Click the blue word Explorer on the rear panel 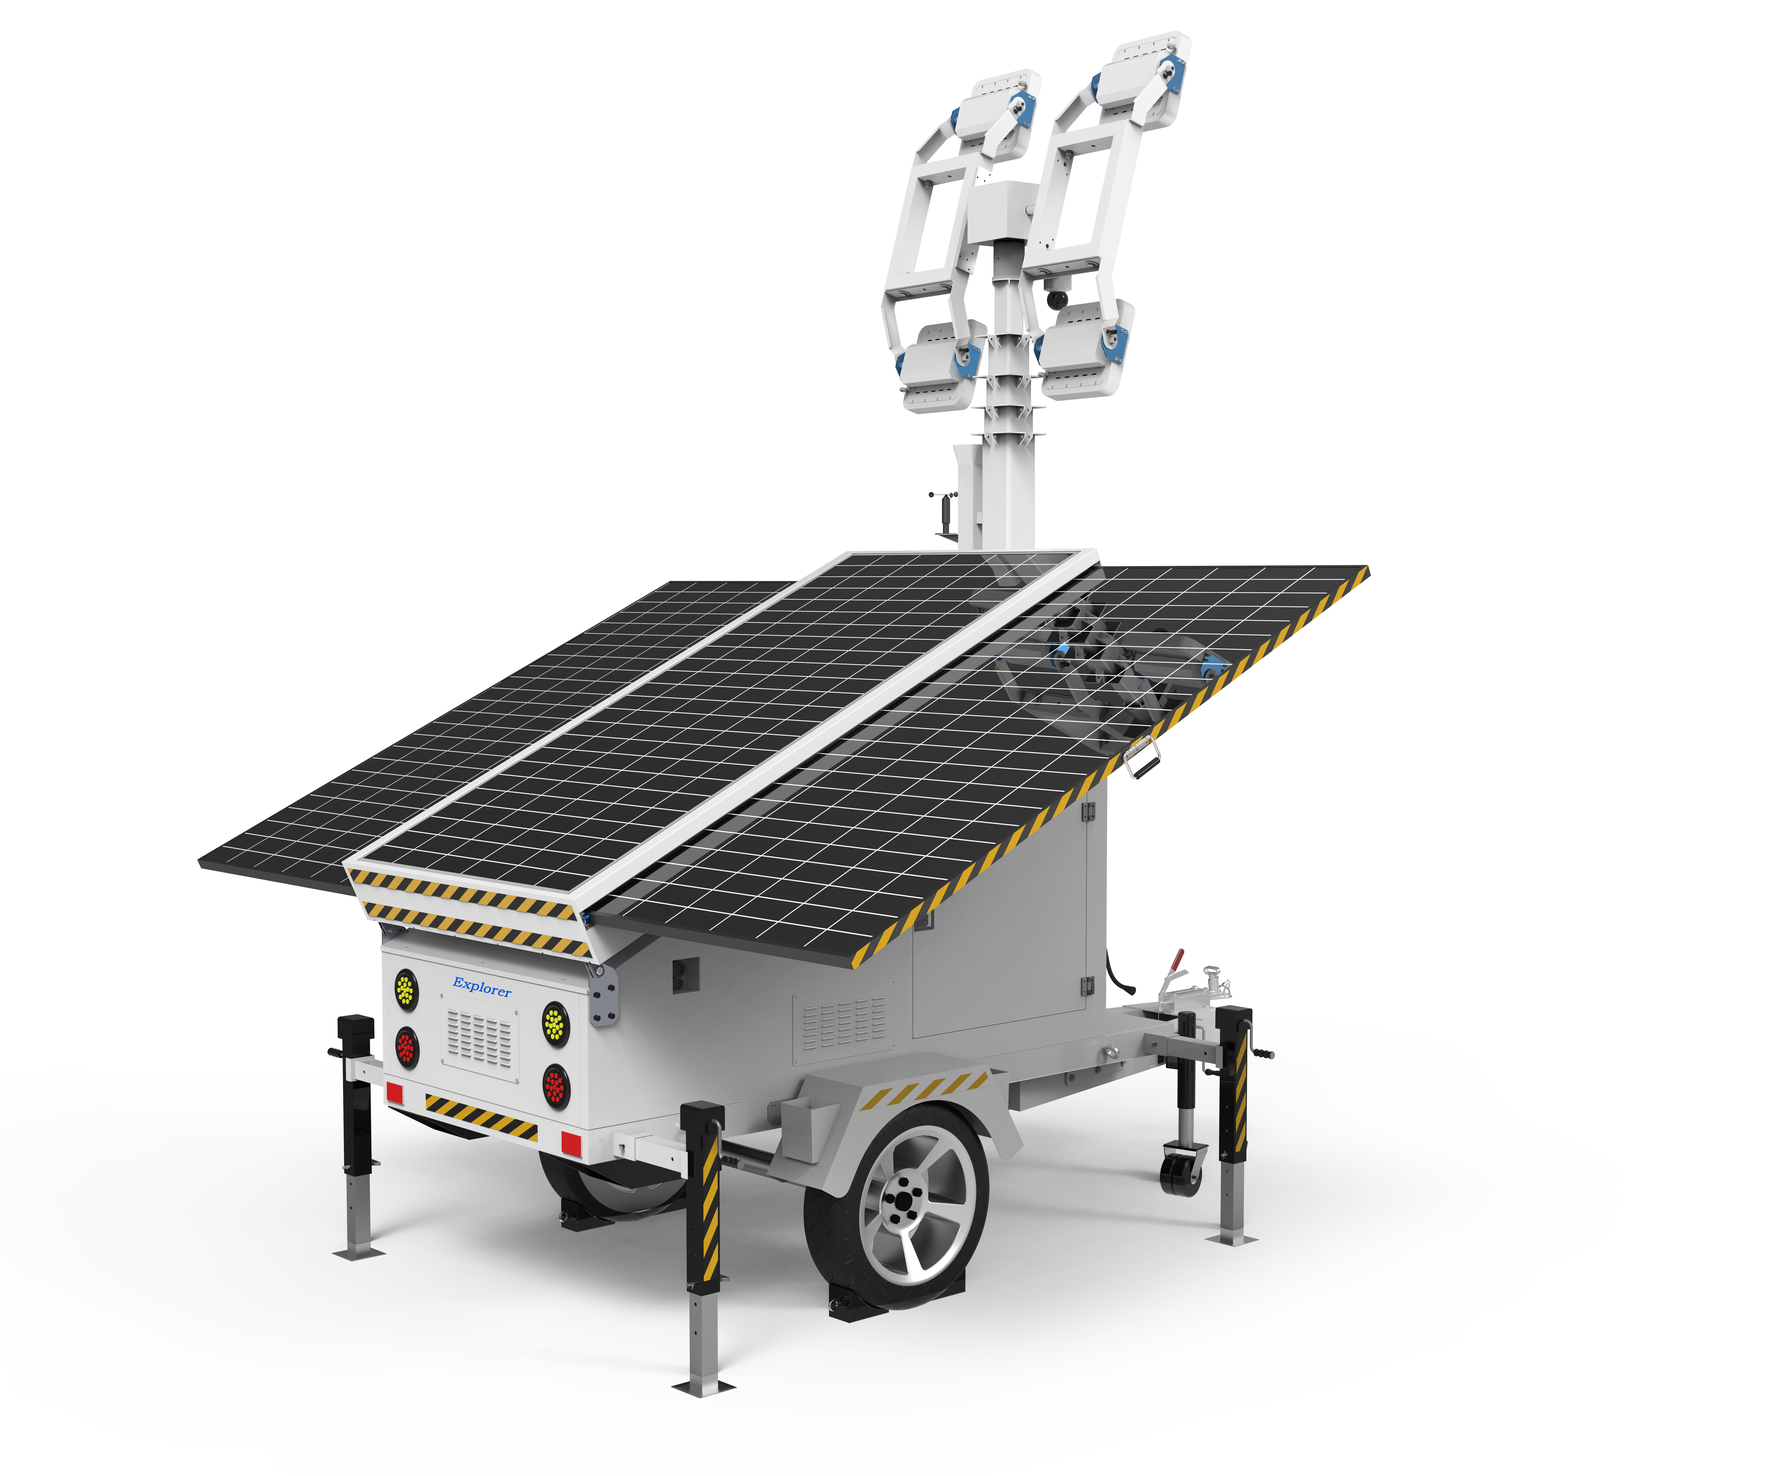coord(482,987)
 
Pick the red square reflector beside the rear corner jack coord(571,1143)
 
